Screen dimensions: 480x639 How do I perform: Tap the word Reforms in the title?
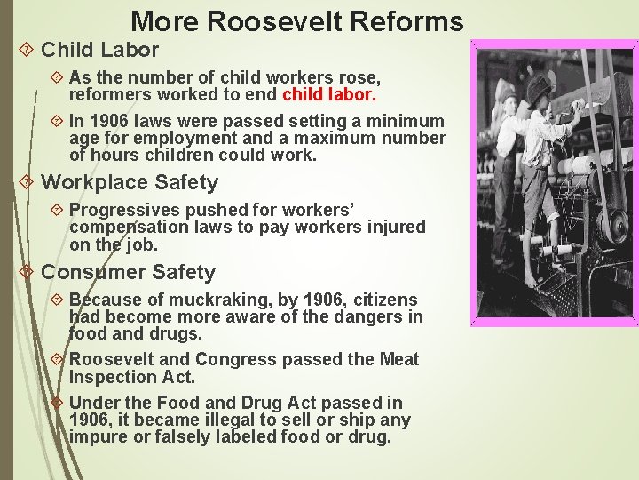(x=411, y=21)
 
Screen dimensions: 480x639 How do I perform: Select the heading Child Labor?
(x=100, y=50)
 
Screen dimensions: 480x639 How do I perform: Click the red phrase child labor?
(x=329, y=94)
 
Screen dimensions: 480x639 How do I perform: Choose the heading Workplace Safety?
(x=130, y=182)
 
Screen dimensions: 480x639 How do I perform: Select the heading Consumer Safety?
(x=129, y=272)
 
